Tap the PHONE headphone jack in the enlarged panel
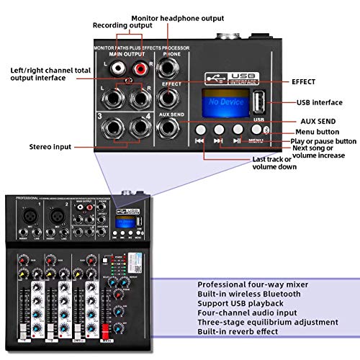[x=171, y=69]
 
